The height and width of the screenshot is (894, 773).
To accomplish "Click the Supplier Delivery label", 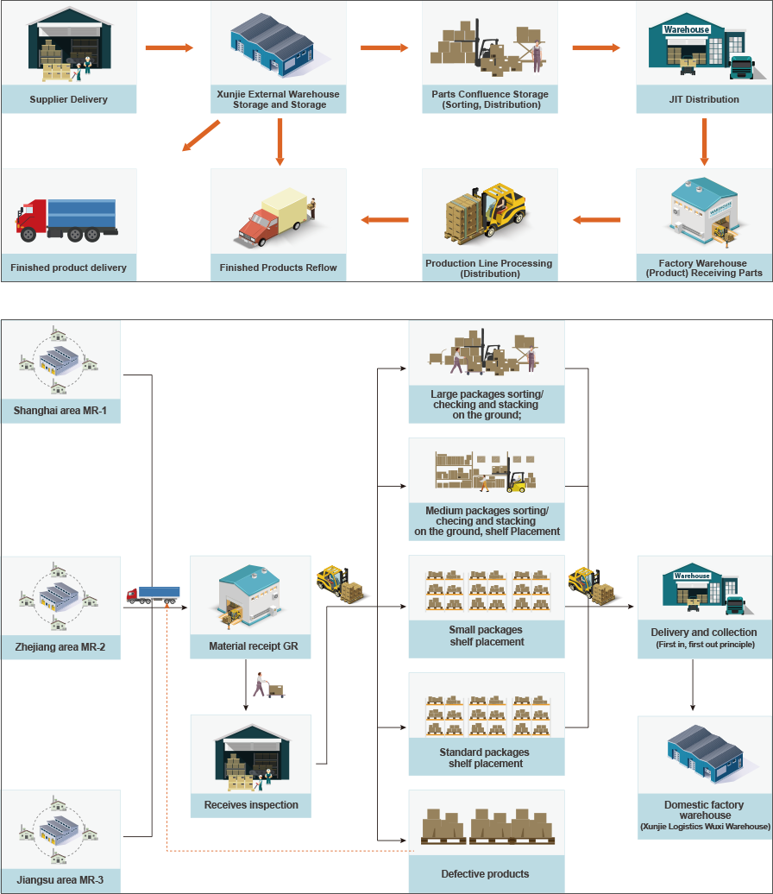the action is (68, 99).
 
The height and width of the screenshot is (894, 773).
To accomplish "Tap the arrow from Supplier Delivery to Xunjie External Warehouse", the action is (169, 48).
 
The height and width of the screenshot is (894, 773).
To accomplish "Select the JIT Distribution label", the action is (704, 99).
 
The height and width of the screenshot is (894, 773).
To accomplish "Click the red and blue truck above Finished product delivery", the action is (66, 220).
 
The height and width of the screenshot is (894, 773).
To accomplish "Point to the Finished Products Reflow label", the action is (278, 268).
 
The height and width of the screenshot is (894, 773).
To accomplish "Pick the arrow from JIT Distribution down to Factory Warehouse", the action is (704, 142).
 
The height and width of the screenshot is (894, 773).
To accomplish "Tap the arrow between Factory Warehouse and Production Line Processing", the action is (596, 220).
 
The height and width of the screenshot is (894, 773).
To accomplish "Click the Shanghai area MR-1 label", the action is (60, 411).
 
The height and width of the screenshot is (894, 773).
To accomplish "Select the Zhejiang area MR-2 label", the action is (60, 647).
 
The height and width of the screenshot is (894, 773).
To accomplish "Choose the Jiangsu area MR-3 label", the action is (60, 879).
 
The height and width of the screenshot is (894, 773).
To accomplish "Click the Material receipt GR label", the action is (253, 646).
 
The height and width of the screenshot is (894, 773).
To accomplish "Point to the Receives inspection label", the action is (251, 805).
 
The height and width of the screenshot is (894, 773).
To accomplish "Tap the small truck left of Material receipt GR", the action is (153, 595).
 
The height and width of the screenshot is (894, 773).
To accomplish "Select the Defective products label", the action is (485, 874).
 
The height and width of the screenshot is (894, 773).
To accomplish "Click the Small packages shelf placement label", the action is (487, 636).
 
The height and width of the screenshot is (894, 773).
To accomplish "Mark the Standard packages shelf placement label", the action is (485, 758).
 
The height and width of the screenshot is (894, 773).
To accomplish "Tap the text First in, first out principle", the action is (705, 645).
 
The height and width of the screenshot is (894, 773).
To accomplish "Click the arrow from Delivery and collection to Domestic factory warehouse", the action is (693, 685).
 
